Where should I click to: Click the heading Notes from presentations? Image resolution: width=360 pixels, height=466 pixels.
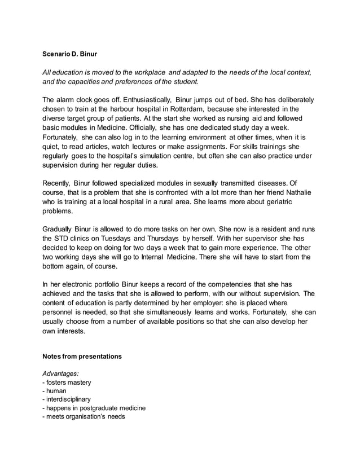pyautogui.click(x=82, y=357)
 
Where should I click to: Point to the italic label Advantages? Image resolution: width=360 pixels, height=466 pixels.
pyautogui.click(x=61, y=373)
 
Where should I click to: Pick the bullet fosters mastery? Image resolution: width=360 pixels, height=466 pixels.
pyautogui.click(x=68, y=383)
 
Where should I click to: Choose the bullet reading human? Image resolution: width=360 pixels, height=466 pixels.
pyautogui.click(x=56, y=391)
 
